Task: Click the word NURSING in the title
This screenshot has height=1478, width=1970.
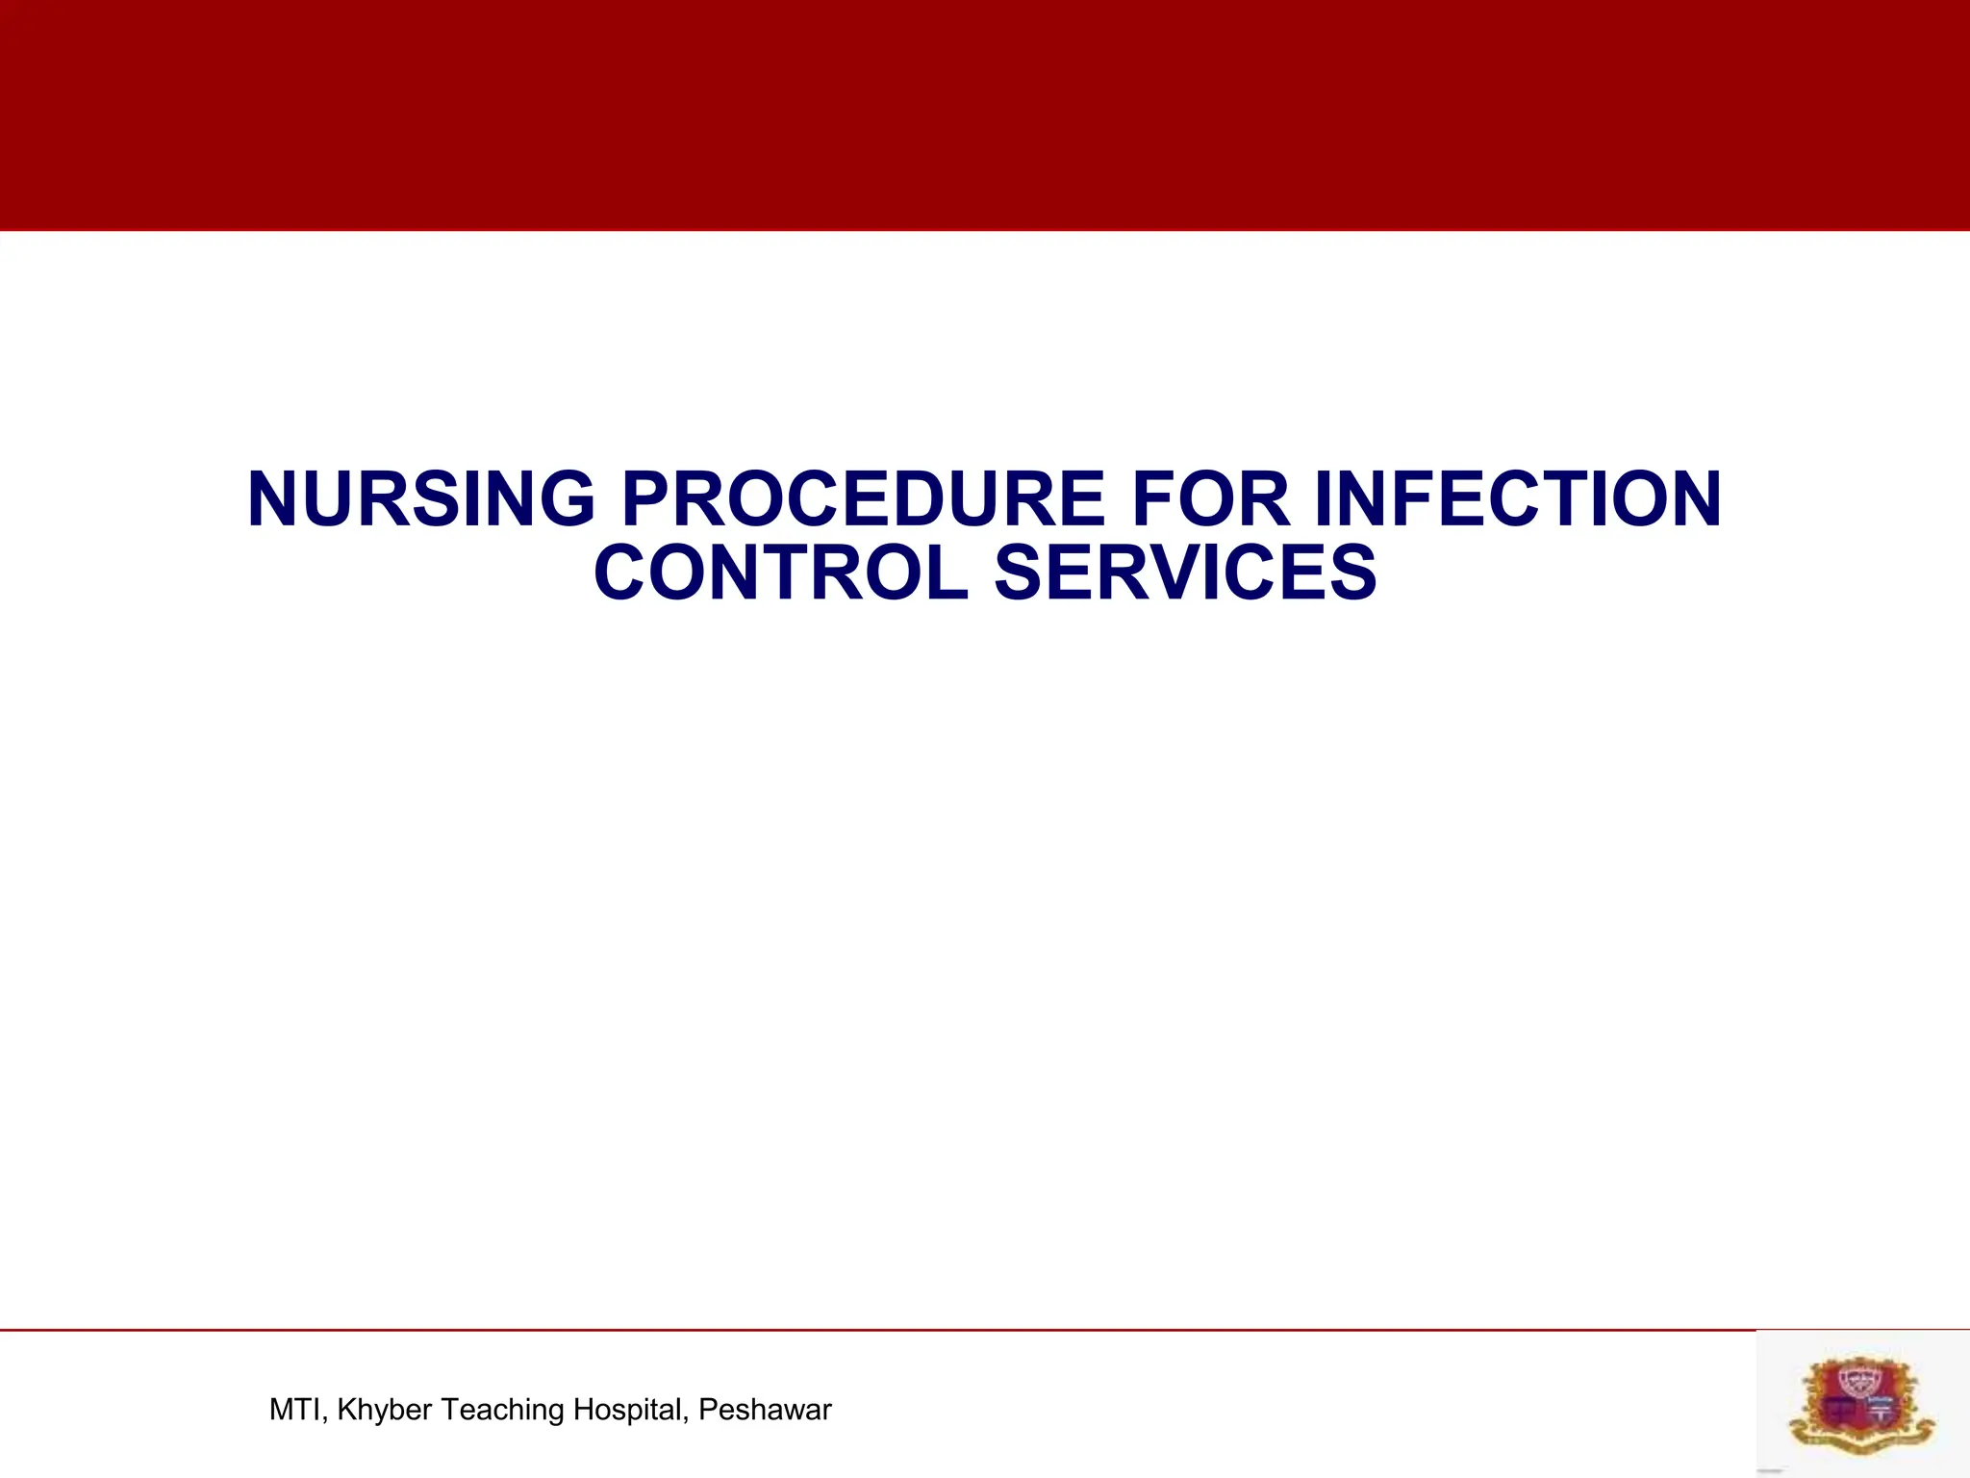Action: [421, 499]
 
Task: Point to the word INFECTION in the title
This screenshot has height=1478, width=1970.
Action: [1517, 499]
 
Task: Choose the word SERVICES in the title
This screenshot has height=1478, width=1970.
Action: [1185, 573]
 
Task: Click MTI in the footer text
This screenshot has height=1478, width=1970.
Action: [296, 1410]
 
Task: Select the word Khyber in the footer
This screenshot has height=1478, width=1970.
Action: [385, 1410]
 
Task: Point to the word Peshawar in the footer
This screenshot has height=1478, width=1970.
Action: [765, 1410]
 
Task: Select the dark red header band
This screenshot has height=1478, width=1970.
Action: [985, 115]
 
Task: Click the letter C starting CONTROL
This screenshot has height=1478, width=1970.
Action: [621, 573]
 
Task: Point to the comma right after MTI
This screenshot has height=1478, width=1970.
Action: [327, 1419]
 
